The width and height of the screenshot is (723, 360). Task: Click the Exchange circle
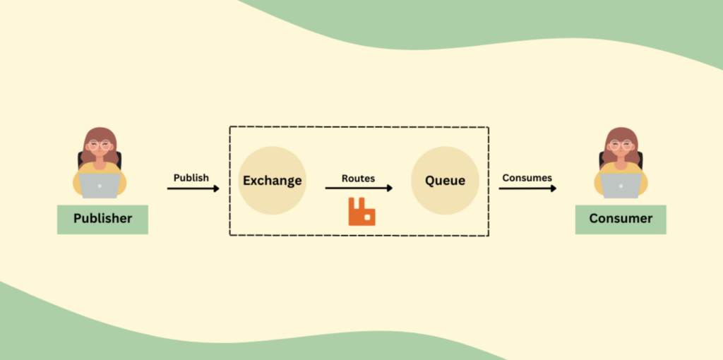272,180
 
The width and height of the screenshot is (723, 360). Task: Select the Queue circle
445,180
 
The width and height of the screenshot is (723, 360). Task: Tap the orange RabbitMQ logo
361,212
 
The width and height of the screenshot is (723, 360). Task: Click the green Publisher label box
102,220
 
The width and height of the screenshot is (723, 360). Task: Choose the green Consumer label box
621,220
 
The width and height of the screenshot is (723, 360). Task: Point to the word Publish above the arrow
191,178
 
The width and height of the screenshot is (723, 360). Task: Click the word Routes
358,179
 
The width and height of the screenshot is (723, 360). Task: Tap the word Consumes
527,178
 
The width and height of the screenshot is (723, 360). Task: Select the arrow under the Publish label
193,188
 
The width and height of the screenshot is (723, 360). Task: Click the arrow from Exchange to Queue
359,188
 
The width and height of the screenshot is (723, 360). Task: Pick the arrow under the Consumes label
527,188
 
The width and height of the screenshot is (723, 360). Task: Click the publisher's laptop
100,186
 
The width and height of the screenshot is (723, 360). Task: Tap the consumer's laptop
621,186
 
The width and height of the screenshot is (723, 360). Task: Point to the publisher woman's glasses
100,145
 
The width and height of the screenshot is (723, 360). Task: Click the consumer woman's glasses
621,145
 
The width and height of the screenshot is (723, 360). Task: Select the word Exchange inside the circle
272,181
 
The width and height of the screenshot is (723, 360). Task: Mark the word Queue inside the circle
445,181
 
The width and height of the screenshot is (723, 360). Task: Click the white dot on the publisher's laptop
100,186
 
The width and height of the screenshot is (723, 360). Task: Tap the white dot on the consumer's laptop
621,186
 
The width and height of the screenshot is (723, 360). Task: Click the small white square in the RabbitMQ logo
367,217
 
